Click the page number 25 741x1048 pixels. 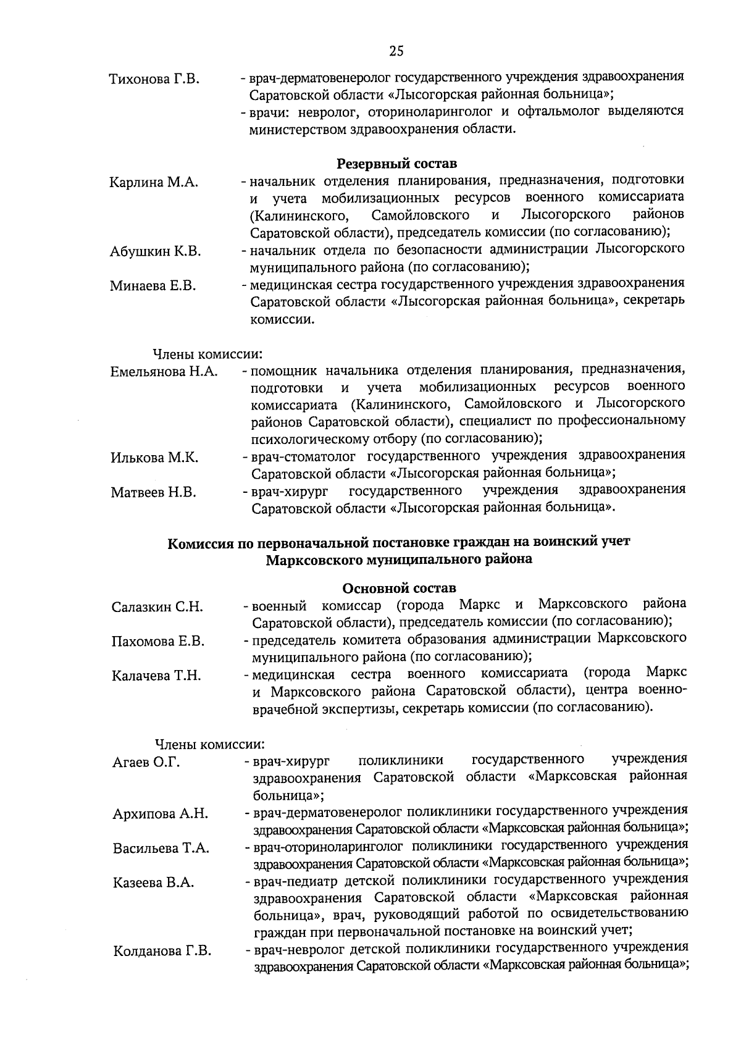point(396,51)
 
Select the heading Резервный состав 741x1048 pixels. point(396,164)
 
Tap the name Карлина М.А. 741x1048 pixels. point(154,183)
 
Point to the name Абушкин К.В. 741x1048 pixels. point(155,251)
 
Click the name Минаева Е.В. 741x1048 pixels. point(153,286)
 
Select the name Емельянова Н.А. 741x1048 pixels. point(164,372)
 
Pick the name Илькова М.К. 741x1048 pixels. point(154,458)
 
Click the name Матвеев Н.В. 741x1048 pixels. point(153,492)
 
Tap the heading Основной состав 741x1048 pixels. point(398,587)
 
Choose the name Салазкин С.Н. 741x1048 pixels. point(157,607)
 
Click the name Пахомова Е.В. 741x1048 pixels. point(157,642)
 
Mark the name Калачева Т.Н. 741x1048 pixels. point(156,676)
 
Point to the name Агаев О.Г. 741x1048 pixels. point(146,763)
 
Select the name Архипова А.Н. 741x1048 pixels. point(160,814)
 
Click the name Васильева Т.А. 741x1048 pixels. point(161,848)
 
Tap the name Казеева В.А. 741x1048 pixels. point(153,882)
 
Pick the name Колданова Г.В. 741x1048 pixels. point(162,951)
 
